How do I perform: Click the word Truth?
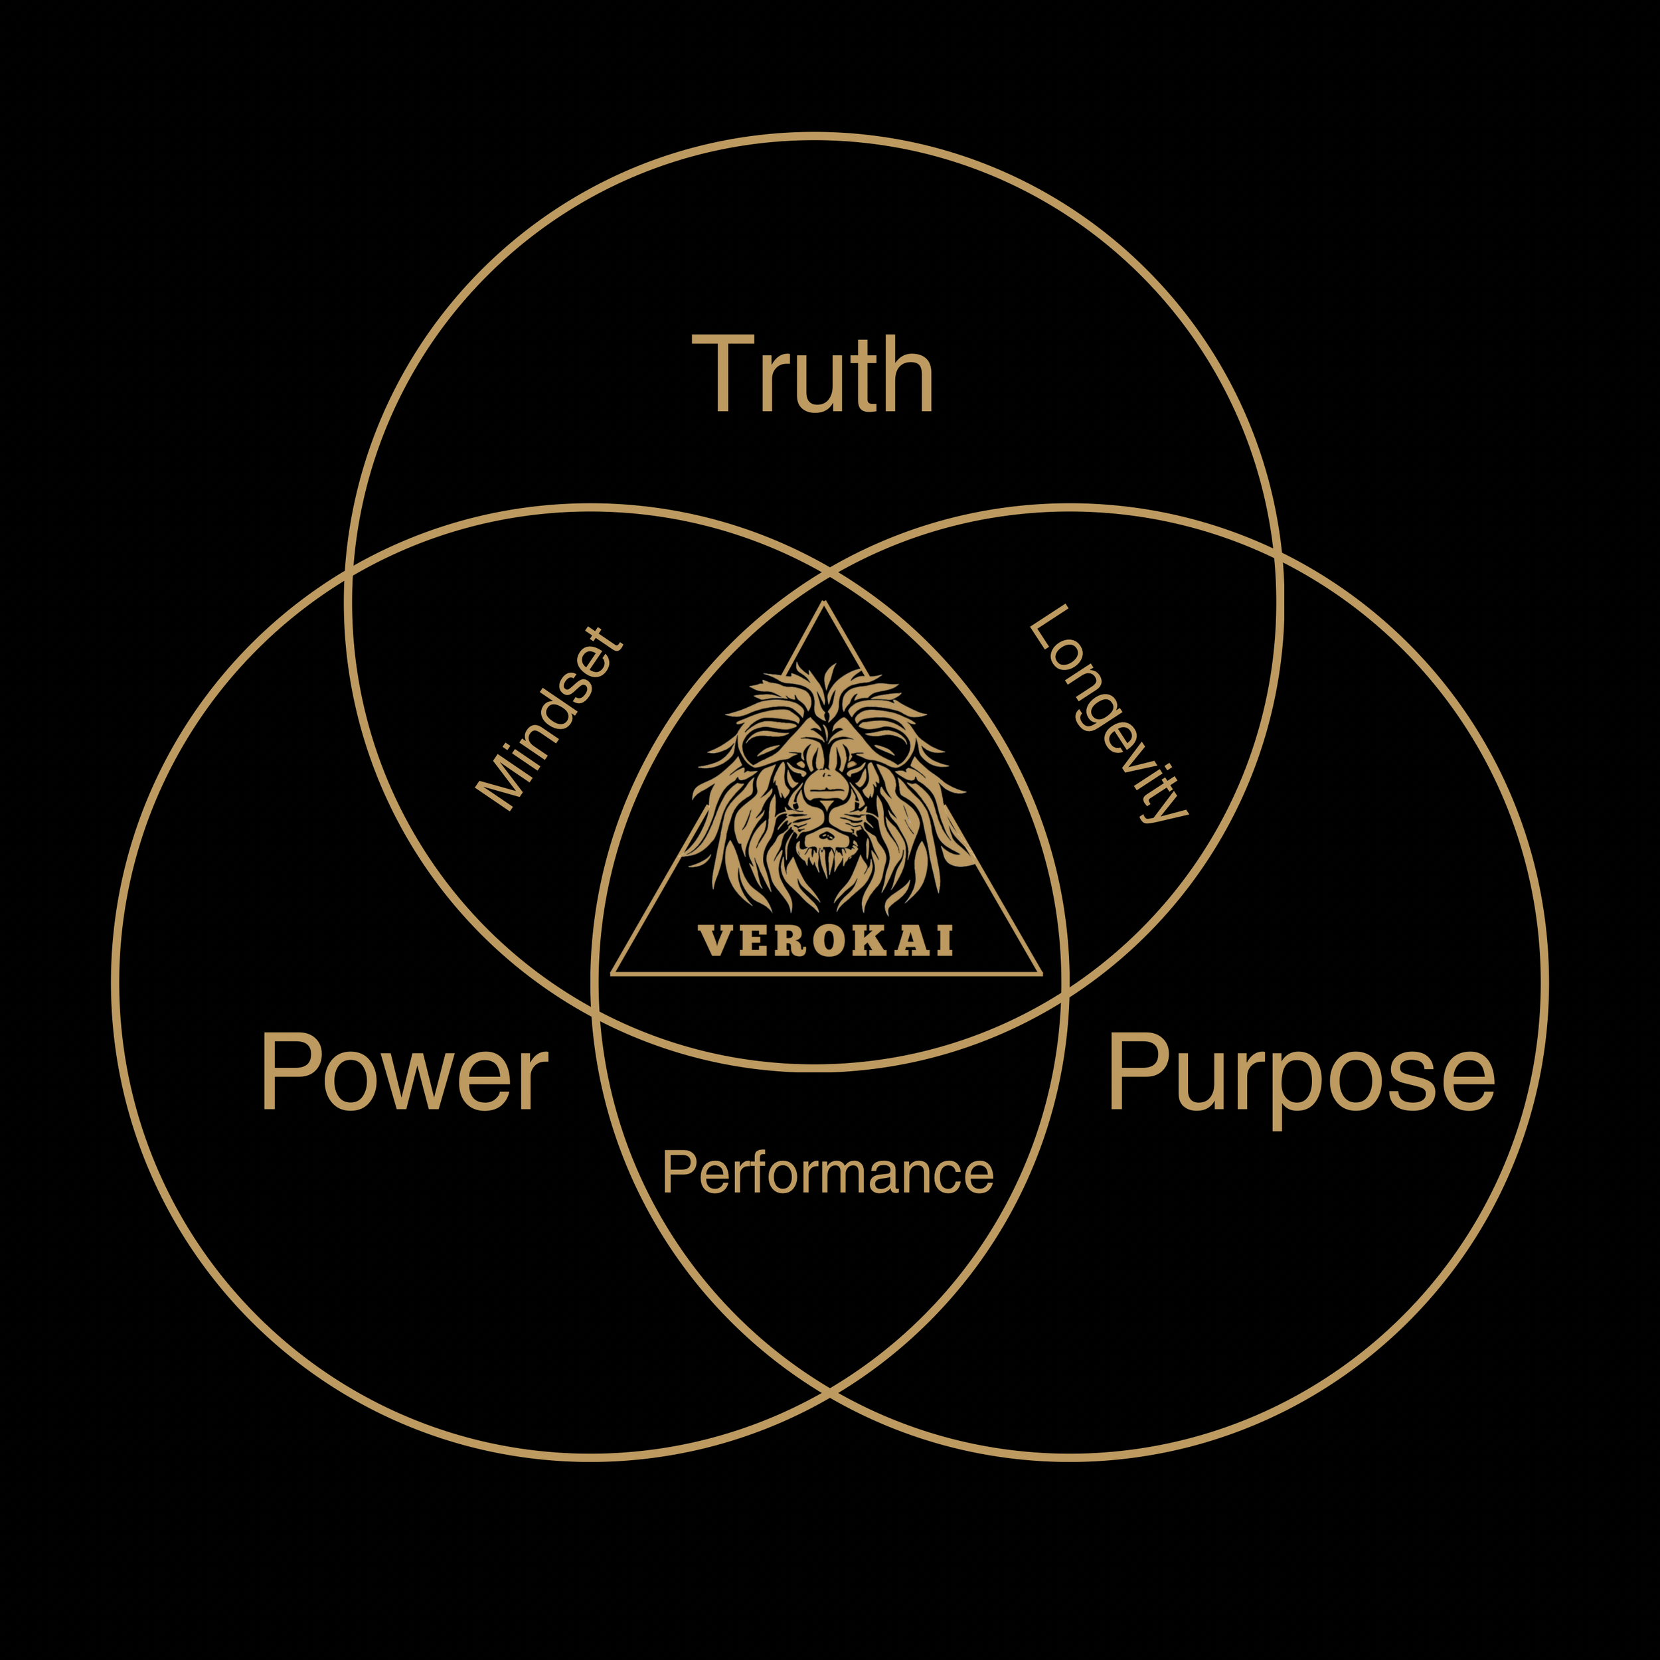pyautogui.click(x=812, y=374)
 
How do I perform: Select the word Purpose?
pyautogui.click(x=1301, y=1074)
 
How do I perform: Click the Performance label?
pyautogui.click(x=827, y=1172)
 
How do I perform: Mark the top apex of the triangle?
pyautogui.click(x=824, y=603)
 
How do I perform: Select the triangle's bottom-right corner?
pyautogui.click(x=1040, y=974)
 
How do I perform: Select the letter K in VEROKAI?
pyautogui.click(x=874, y=941)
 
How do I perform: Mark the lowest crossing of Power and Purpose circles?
pyautogui.click(x=829, y=1391)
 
